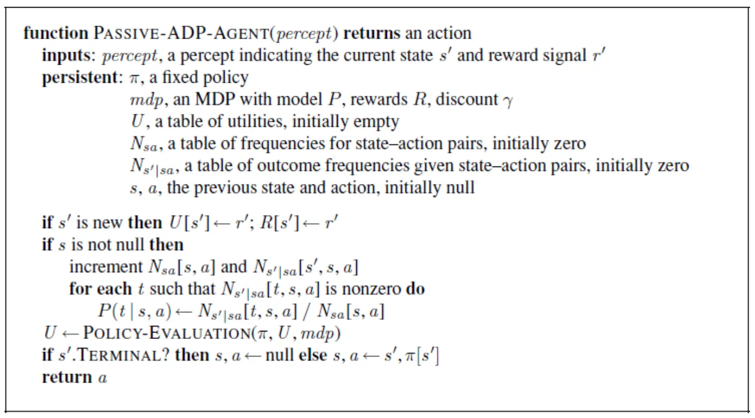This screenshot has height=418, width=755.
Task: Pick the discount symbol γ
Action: tap(508, 100)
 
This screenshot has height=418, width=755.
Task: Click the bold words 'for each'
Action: tap(100, 288)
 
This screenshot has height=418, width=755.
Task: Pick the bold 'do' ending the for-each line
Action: tap(416, 288)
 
